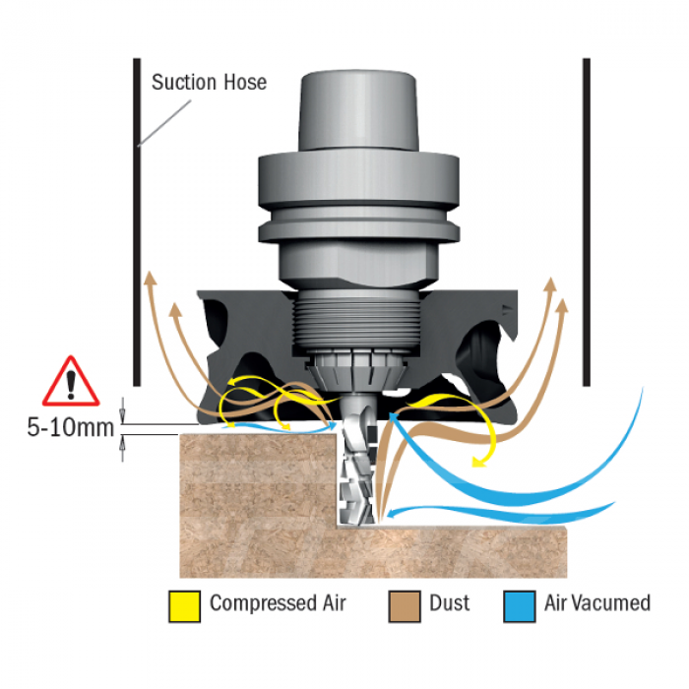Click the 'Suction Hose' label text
(209, 82)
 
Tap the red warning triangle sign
(71, 382)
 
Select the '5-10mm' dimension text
(70, 427)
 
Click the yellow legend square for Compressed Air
(185, 607)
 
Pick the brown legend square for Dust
(405, 607)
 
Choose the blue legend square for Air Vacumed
(520, 607)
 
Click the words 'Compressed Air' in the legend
(278, 602)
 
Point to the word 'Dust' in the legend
(449, 602)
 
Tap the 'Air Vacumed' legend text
(597, 602)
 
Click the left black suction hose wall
(137, 221)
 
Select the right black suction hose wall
(587, 221)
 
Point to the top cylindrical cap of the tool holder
(358, 110)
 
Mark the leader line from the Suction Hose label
(164, 123)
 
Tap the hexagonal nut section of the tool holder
(358, 265)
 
